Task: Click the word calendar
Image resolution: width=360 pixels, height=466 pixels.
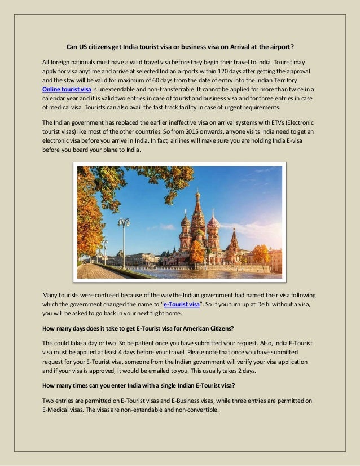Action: click(57, 98)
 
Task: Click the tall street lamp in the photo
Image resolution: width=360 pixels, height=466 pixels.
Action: click(123, 237)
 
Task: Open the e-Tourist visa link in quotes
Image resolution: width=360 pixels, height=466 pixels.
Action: click(181, 304)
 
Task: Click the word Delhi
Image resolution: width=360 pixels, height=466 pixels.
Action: click(273, 304)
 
